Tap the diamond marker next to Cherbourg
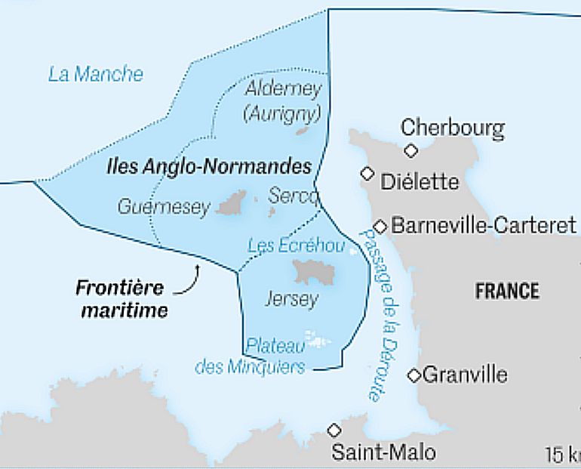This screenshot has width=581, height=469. [x=410, y=150]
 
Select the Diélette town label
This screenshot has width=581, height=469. [x=420, y=182]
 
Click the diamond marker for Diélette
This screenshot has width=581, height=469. [x=367, y=174]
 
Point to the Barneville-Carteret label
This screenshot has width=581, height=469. [x=484, y=225]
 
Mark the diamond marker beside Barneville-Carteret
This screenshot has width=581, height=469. [x=381, y=226]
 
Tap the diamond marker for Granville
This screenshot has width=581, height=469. [x=414, y=375]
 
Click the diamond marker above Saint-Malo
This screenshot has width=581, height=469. [x=334, y=430]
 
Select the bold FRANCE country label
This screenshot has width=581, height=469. [x=507, y=291]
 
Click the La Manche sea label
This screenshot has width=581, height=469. [x=95, y=74]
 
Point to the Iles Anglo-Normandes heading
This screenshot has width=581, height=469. [x=209, y=166]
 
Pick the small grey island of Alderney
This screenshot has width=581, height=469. [x=303, y=131]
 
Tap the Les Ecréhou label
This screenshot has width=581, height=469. [x=297, y=246]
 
